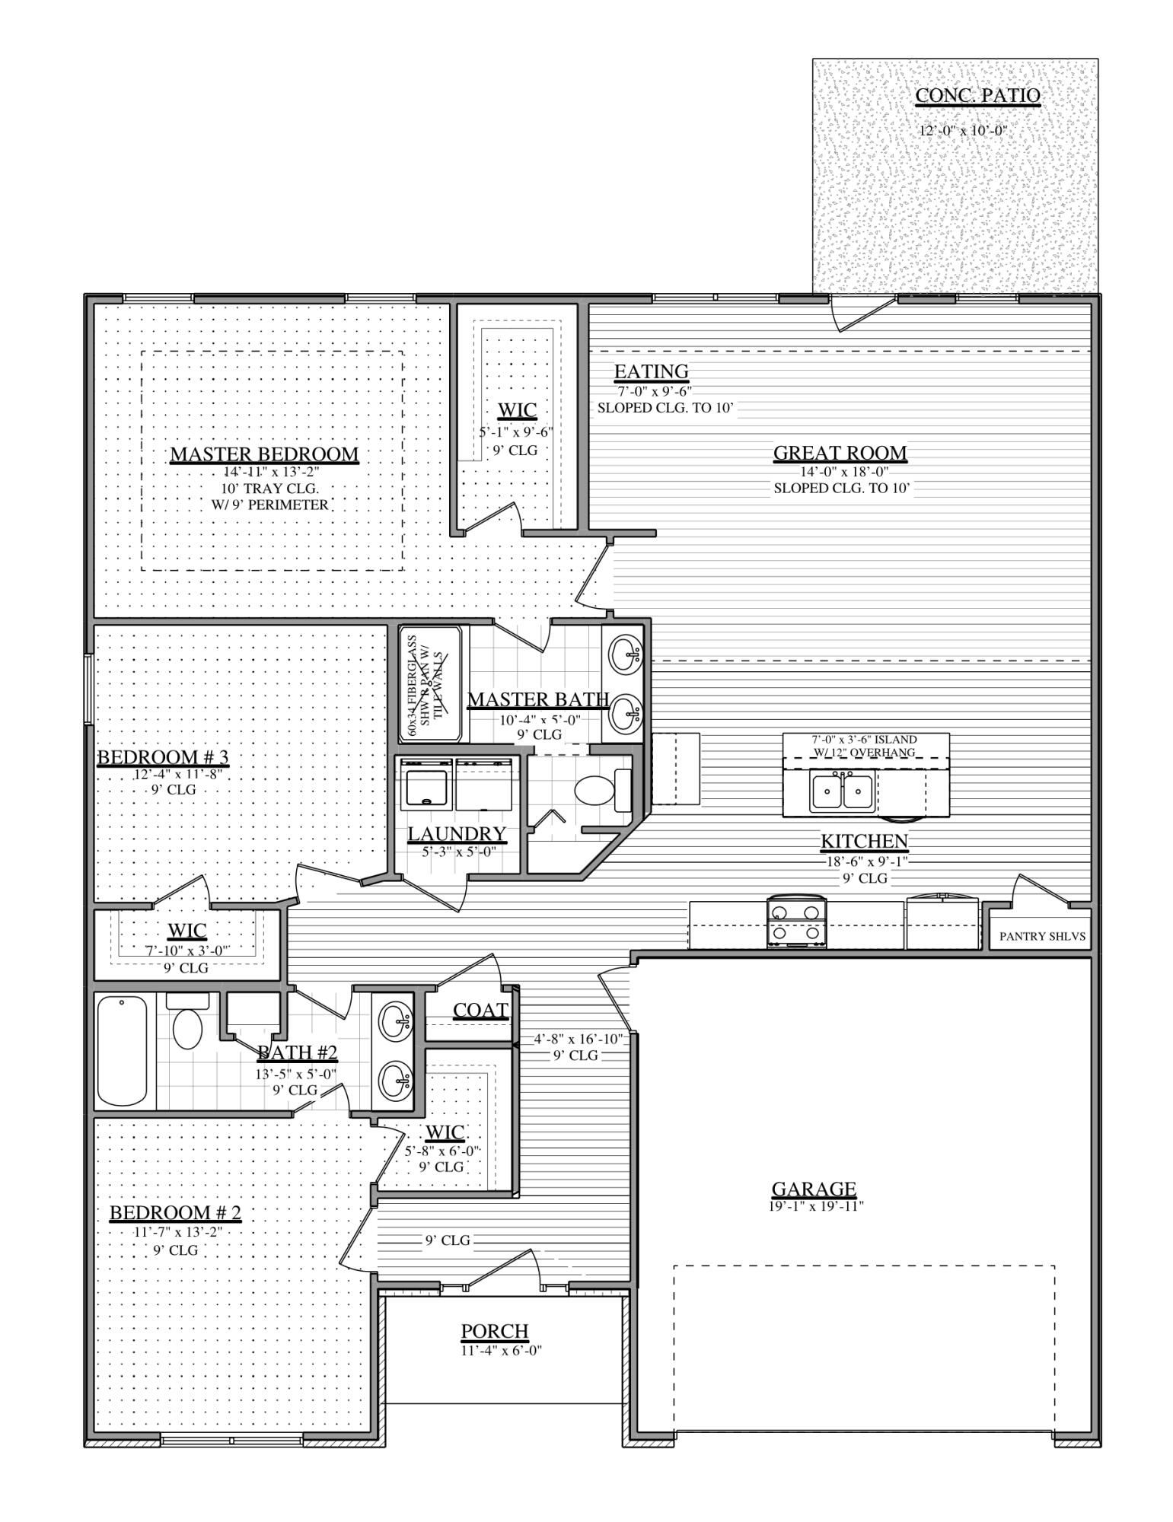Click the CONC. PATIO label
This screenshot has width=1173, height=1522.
click(x=977, y=96)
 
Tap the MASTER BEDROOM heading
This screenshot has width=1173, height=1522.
click(x=263, y=454)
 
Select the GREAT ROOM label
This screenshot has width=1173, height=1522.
click(x=840, y=453)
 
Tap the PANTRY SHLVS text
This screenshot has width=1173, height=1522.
click(x=1042, y=936)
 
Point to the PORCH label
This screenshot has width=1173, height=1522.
click(x=494, y=1332)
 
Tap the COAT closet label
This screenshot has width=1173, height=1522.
click(x=480, y=1010)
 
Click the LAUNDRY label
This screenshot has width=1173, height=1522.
click(x=457, y=834)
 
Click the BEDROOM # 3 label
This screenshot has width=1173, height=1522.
click(x=163, y=757)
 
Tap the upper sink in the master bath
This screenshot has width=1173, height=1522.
click(x=626, y=653)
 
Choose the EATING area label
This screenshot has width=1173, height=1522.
click(x=651, y=371)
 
